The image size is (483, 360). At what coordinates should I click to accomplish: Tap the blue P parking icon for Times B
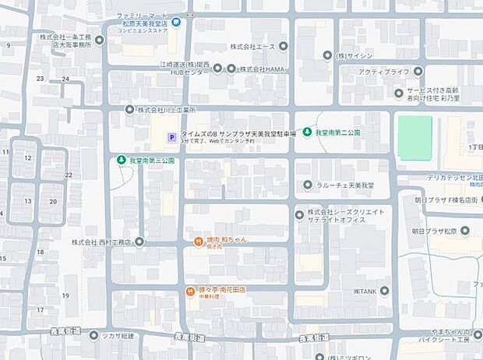tap(171, 138)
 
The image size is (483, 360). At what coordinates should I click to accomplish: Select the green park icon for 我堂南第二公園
tap(308, 132)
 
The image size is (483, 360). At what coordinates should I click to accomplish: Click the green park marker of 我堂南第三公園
tap(121, 160)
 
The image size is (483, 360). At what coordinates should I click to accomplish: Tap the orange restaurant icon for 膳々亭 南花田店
tap(190, 291)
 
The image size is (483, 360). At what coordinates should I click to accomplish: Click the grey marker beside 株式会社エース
tap(283, 46)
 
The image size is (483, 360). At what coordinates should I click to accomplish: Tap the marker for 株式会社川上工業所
tap(130, 109)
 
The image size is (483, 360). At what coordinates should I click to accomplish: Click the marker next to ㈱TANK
tap(384, 291)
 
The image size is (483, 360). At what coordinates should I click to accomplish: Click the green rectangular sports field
tap(414, 138)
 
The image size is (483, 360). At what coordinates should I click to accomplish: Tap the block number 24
tap(65, 79)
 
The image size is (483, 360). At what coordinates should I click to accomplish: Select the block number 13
tap(27, 200)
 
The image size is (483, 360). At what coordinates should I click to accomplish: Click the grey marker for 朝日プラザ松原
tap(464, 231)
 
